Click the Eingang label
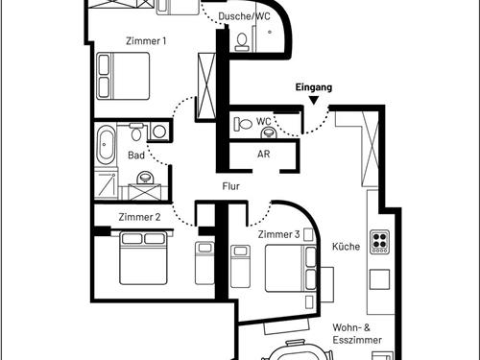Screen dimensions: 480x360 pos(314,87)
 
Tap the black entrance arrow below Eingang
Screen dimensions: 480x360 pos(314,101)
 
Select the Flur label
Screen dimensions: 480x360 pos(231,186)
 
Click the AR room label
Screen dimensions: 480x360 pos(264,154)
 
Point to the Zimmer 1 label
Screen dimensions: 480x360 pos(146,41)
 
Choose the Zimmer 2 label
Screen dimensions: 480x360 pos(139,217)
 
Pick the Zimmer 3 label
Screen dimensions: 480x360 pos(278,234)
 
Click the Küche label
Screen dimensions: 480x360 pos(346,247)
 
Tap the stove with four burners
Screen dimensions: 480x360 pos(380,242)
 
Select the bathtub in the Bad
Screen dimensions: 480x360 pos(106,144)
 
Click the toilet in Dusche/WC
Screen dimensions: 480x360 pos(242,42)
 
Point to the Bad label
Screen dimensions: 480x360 pos(136,156)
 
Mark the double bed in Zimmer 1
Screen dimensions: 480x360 pos(123,76)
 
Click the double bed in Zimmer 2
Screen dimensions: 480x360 pos(143,258)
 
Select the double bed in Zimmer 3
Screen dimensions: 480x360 pos(291,268)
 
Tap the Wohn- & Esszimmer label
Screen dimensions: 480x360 pos(357,334)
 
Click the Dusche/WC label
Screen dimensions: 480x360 pos(244,16)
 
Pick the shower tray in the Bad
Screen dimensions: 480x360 pos(107,185)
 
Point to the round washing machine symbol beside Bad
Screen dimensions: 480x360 pos(159,132)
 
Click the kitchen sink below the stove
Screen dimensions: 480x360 pos(380,279)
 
